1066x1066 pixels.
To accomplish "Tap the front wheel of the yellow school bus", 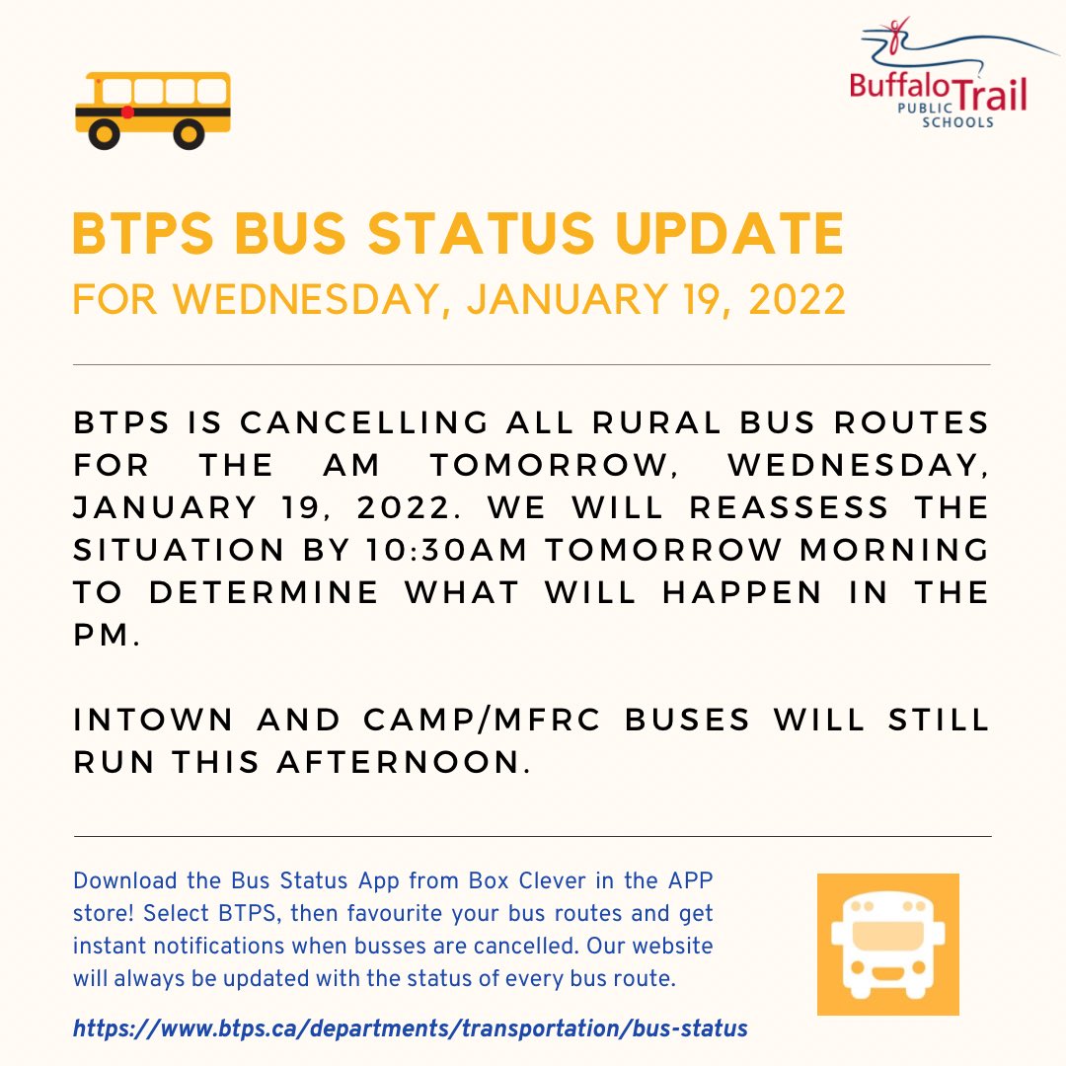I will [x=103, y=134].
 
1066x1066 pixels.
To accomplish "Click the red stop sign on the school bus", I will [x=127, y=113].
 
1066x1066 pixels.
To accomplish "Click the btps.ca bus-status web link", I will [x=410, y=1028].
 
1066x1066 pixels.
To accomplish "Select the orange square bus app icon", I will [x=887, y=944].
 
